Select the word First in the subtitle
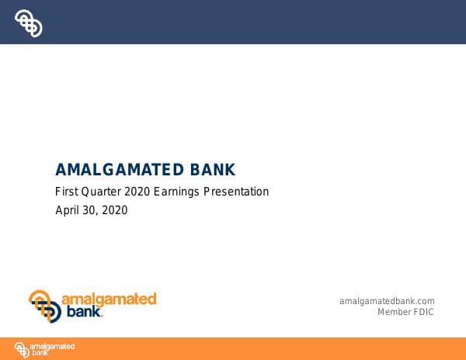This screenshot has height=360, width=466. pos(67,192)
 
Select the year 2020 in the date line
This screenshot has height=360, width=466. pos(115,210)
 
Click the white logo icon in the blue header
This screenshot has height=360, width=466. pos(29,23)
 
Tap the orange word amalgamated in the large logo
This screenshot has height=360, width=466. pos(110,299)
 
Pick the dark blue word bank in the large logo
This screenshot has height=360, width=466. pos(82,313)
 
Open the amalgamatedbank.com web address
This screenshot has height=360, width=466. pos(387,301)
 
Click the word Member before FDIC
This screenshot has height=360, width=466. pos(394,312)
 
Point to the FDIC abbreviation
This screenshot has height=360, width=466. pos(423,312)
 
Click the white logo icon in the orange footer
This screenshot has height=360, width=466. pos(23,349)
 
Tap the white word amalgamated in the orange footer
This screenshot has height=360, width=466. pos(53,345)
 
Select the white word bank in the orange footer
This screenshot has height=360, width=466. pos(39,353)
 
